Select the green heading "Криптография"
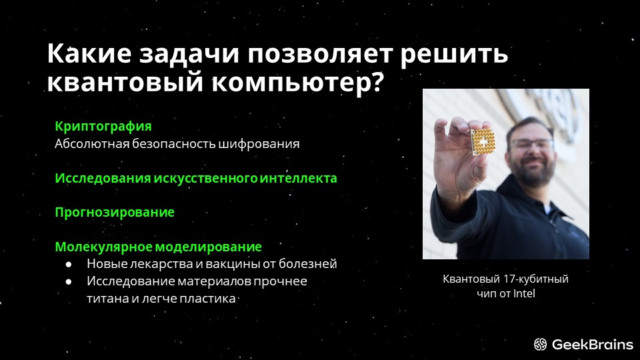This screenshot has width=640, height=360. (x=103, y=127)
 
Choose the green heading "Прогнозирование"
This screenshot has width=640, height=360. (x=115, y=213)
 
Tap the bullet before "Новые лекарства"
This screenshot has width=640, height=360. (x=69, y=265)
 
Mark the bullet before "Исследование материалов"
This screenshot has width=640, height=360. (x=69, y=281)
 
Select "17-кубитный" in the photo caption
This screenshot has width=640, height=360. (x=536, y=279)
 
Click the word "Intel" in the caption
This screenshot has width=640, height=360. (x=524, y=293)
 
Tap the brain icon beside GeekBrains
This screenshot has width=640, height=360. (x=540, y=345)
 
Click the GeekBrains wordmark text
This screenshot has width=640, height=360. (x=593, y=345)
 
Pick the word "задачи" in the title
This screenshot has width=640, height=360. (x=189, y=54)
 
